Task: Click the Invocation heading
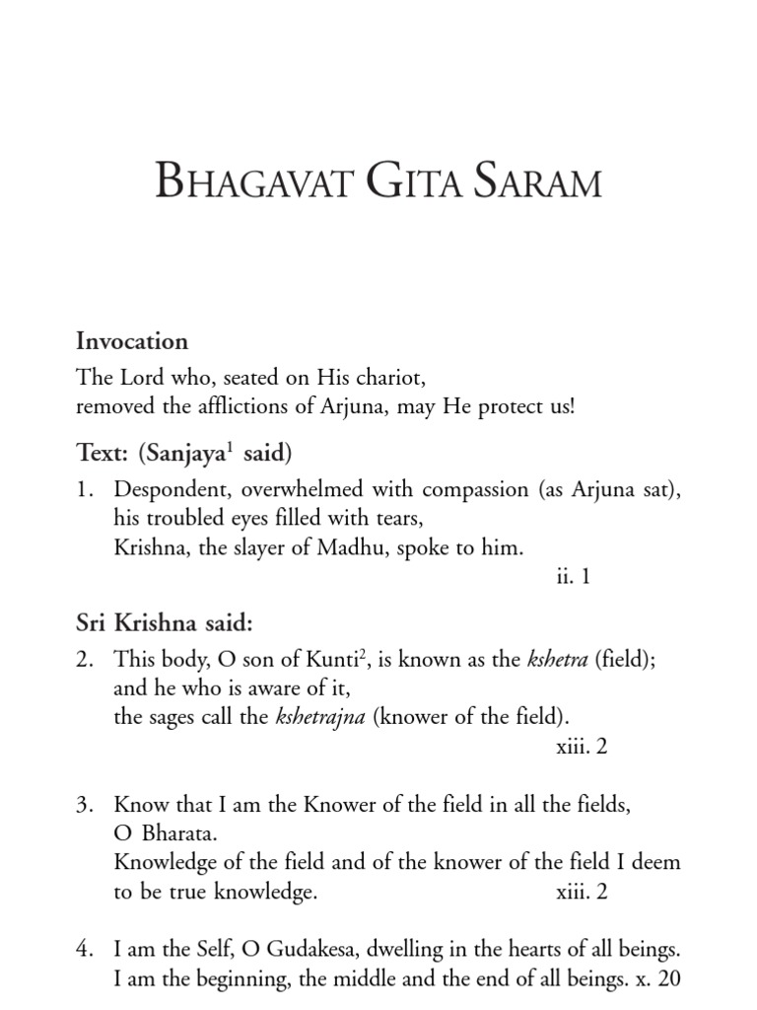tap(132, 341)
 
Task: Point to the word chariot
tap(395, 378)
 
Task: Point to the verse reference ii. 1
tap(573, 576)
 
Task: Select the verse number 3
tap(84, 806)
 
